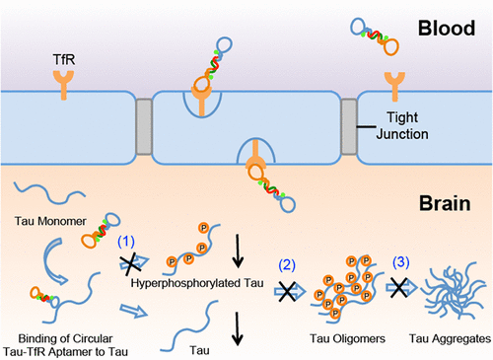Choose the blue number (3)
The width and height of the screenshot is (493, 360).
404,262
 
